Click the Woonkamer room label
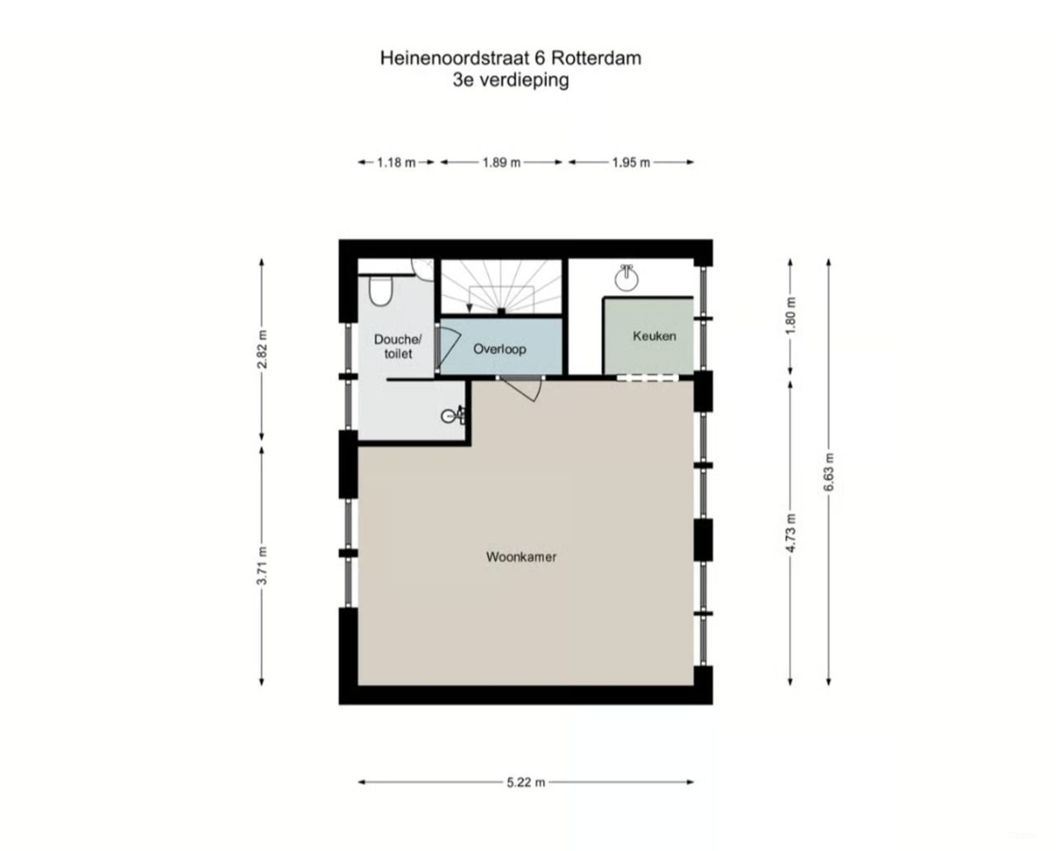point(521,557)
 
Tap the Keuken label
point(654,336)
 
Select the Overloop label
point(499,349)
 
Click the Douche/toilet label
point(398,346)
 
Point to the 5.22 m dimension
point(526,782)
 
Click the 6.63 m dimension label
point(828,472)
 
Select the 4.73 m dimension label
point(790,532)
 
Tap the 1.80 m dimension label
point(790,314)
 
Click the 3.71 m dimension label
point(262,566)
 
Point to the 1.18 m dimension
point(396,163)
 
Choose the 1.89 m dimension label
point(501,163)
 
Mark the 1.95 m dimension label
point(631,163)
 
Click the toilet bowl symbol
point(380,290)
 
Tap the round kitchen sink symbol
point(628,279)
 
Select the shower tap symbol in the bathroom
point(453,415)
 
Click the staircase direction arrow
point(469,307)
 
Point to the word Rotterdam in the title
point(596,59)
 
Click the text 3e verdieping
point(510,81)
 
